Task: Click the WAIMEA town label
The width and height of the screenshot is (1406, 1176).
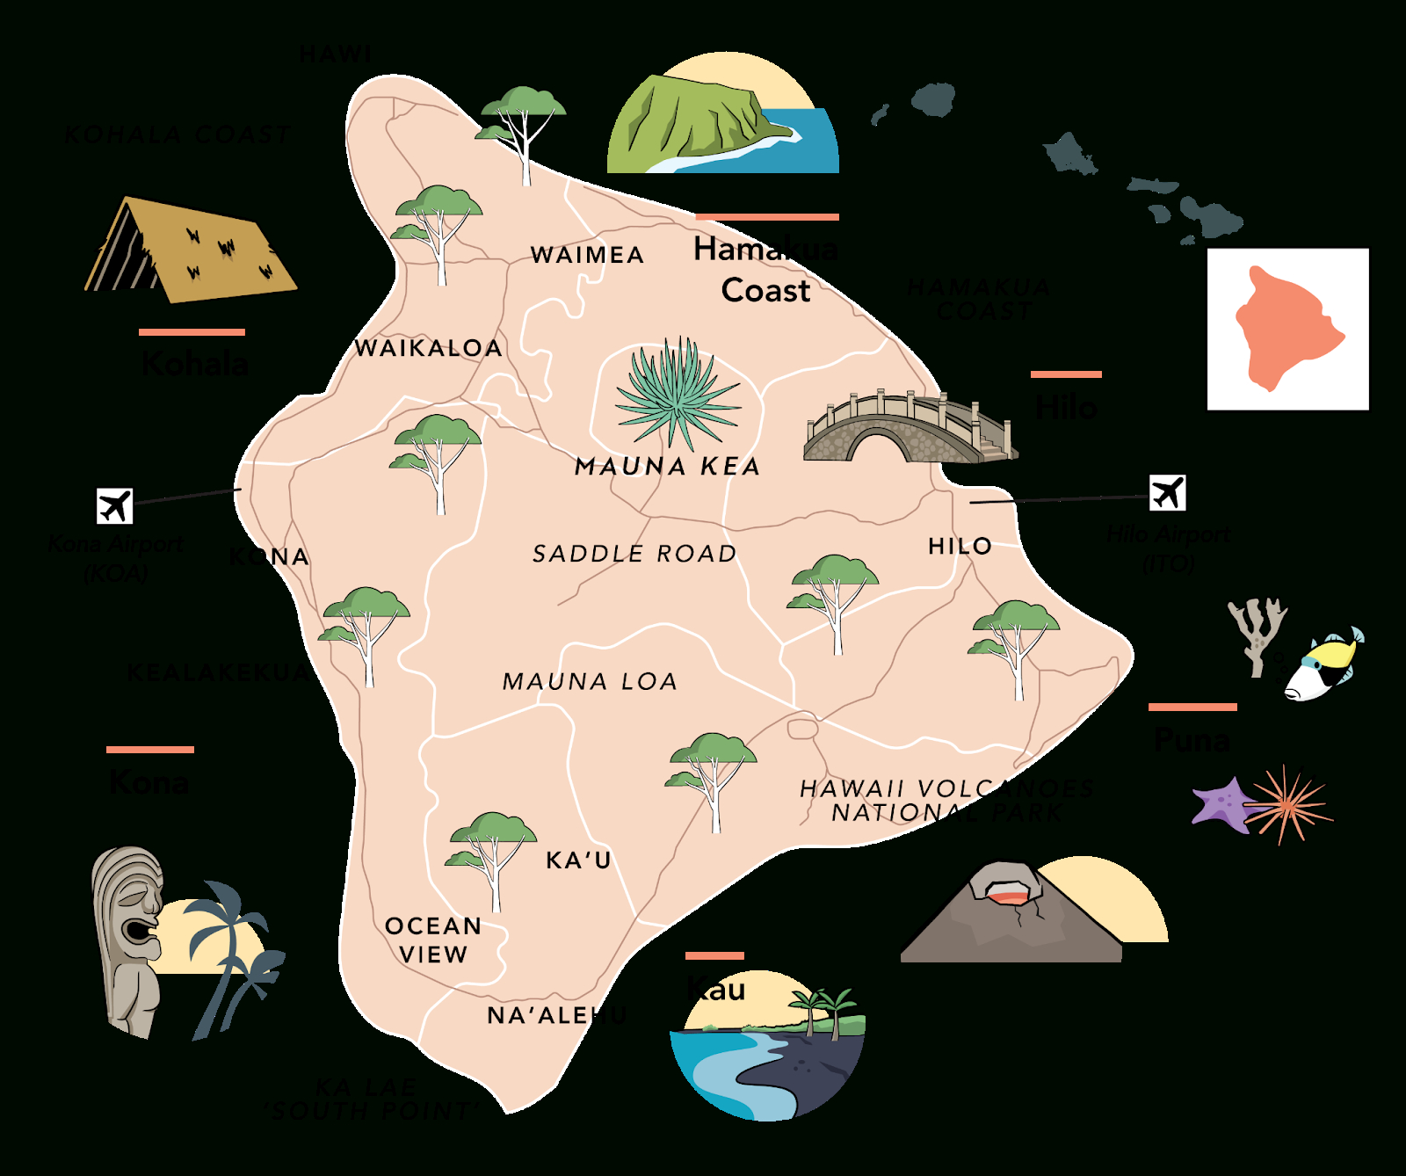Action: coord(587,255)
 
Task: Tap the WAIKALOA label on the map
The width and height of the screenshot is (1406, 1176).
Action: coord(428,348)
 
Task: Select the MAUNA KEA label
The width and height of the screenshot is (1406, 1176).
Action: coord(667,467)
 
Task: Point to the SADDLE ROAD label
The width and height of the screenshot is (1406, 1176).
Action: coord(634,554)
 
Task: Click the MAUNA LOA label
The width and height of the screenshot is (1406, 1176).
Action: coord(590,681)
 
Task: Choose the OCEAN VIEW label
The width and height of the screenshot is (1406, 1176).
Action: coord(433,940)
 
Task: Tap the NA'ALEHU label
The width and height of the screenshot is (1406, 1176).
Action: coord(556,1016)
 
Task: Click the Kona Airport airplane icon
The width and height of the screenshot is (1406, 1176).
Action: coord(114,506)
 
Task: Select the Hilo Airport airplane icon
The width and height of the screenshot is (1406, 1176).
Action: coord(1167,492)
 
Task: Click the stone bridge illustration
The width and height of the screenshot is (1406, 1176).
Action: coord(910,431)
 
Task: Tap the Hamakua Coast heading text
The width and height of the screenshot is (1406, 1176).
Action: coord(765,270)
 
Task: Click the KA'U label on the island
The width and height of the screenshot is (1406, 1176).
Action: coord(578,860)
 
